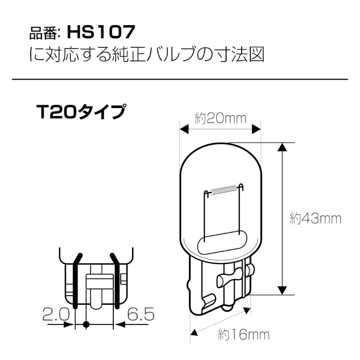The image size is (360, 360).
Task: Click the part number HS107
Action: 101,32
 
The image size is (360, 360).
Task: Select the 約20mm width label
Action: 220,118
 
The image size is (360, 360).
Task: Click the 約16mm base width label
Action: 244,335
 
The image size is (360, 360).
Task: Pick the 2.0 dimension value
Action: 56,314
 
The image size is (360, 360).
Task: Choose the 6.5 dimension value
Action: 141,314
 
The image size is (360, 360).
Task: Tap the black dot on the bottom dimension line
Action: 86,324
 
